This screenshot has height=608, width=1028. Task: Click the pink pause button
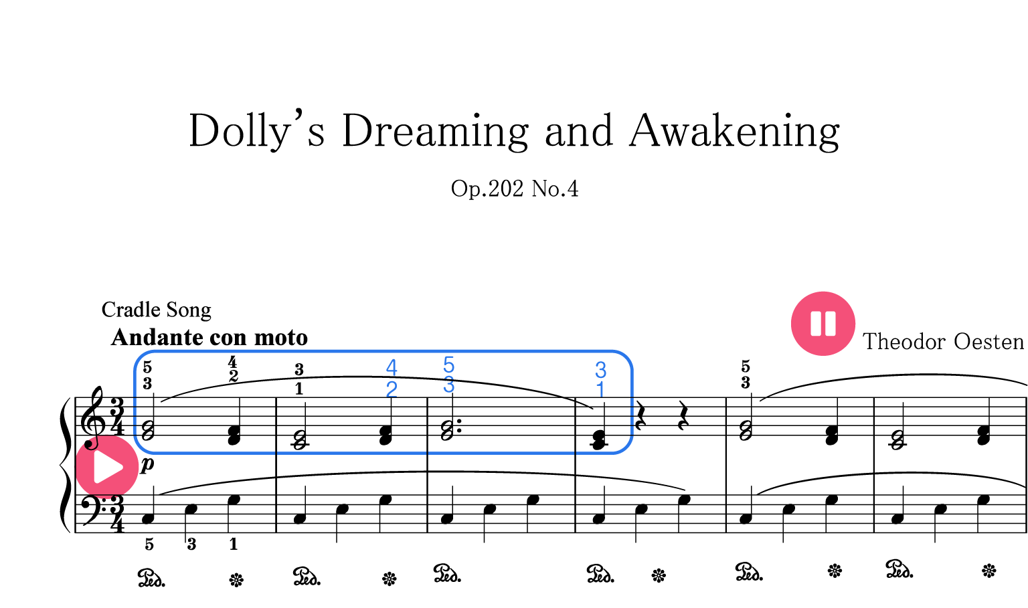(x=823, y=323)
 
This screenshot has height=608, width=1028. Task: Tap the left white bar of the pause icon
(x=815, y=323)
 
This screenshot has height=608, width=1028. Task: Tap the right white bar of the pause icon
(x=831, y=323)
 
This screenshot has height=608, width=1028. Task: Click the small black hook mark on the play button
(x=91, y=443)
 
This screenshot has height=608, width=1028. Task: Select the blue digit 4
(x=392, y=367)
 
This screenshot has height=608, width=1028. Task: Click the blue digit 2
(x=392, y=389)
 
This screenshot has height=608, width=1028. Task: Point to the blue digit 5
(x=448, y=365)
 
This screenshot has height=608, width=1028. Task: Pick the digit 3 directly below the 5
(x=448, y=385)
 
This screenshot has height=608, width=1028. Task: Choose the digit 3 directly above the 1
(x=600, y=369)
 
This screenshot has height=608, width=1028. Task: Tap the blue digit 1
(x=600, y=389)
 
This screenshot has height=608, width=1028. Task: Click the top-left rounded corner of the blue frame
(x=141, y=357)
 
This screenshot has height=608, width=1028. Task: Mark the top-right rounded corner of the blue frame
(x=626, y=357)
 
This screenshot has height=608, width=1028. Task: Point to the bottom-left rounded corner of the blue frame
(x=141, y=447)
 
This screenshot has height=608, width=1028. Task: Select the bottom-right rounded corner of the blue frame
(x=626, y=447)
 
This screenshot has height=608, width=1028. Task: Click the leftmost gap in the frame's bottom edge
(x=276, y=453)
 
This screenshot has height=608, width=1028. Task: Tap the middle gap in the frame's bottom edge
(x=427, y=453)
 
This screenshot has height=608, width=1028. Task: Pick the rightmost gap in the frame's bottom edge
(x=575, y=453)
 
